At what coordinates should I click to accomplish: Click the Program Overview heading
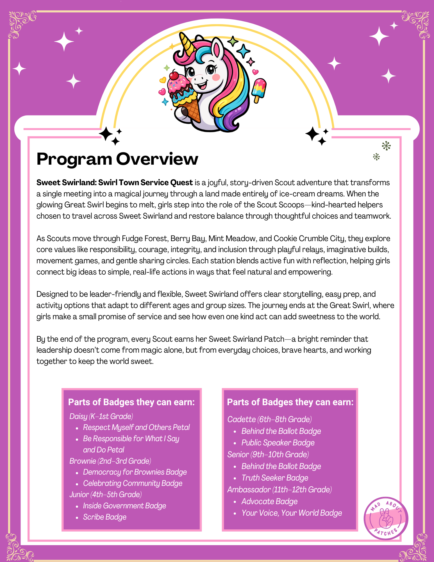(117, 159)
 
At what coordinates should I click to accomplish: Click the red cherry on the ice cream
(174, 75)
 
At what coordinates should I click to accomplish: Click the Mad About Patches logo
(386, 518)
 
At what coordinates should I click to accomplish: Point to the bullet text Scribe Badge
(104, 517)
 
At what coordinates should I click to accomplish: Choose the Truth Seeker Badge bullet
(275, 478)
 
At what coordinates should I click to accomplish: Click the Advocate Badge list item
(269, 501)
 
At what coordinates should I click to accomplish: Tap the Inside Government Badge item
(124, 506)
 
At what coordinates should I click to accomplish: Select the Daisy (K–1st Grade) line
(101, 416)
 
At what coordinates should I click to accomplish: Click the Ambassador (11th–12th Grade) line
(280, 490)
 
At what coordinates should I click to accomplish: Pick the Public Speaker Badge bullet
(278, 443)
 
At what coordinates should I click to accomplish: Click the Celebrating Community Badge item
(133, 483)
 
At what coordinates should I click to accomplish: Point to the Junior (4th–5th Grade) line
(106, 495)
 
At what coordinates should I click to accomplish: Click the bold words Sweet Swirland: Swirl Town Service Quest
(115, 183)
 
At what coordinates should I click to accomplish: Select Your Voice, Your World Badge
(292, 513)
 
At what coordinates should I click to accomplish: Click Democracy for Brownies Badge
(135, 472)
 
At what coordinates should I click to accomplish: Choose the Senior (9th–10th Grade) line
(268, 454)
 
